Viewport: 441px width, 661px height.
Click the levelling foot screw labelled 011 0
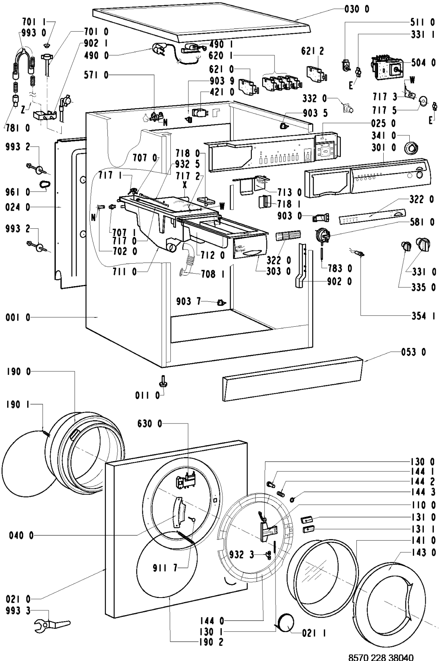163,381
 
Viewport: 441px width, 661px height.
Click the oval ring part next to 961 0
45,184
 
